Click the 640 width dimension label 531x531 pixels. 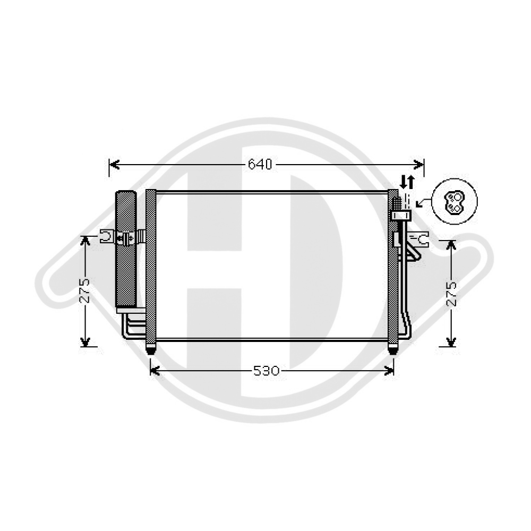[x=260, y=165]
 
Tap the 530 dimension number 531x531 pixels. [x=266, y=371]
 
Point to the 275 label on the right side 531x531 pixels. [x=451, y=293]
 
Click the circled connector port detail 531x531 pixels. [x=455, y=202]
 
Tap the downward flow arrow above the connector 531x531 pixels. [x=403, y=182]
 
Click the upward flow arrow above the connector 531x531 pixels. [x=410, y=182]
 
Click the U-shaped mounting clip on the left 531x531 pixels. [x=107, y=236]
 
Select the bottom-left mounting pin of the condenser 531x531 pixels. [x=151, y=350]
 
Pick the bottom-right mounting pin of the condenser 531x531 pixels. [x=393, y=350]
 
